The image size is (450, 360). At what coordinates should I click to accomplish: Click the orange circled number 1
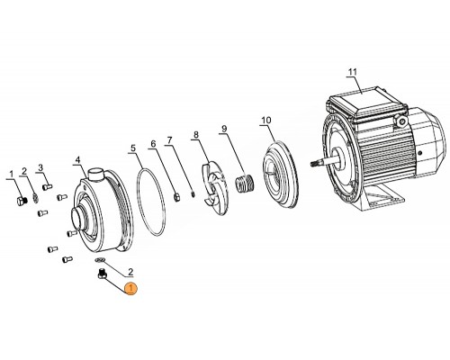click(x=131, y=288)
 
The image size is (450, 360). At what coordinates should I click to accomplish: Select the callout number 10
click(x=265, y=120)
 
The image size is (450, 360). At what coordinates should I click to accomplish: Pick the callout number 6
click(x=153, y=143)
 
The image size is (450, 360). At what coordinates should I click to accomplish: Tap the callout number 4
click(x=78, y=160)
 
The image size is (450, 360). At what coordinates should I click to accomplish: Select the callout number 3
click(x=40, y=167)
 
